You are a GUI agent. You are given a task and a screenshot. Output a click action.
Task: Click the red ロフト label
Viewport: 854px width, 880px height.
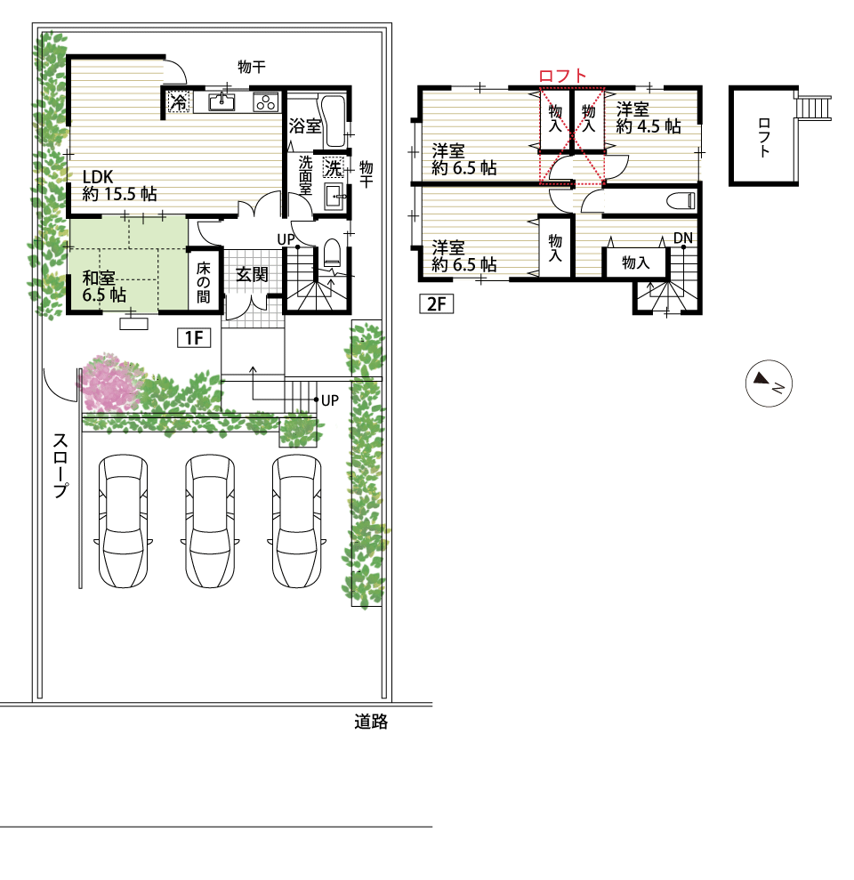point(562,76)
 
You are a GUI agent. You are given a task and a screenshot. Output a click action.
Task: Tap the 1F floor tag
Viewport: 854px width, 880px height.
point(194,338)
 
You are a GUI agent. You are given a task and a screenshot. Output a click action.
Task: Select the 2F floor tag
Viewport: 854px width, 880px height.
point(437,303)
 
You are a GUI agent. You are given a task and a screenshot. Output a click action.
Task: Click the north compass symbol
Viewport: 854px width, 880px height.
point(769,383)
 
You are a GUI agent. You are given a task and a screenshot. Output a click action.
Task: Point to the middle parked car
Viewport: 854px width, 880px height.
point(210,521)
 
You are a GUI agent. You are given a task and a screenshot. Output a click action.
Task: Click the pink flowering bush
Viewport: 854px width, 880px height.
point(109,383)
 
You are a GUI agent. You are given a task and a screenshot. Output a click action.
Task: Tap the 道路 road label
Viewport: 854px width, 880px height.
point(371,722)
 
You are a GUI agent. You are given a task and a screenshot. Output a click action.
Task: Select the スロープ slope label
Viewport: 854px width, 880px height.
point(60,465)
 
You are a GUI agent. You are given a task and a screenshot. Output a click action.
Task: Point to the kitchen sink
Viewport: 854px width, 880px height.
point(222,102)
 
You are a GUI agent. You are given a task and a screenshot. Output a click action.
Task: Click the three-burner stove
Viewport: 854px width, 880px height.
point(266,102)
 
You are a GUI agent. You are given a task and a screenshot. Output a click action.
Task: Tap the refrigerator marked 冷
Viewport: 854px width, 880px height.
point(179,101)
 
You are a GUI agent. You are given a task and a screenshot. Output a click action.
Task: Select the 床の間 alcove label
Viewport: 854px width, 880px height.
point(203,282)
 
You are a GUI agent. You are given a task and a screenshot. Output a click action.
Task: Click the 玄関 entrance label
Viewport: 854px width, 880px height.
point(252,274)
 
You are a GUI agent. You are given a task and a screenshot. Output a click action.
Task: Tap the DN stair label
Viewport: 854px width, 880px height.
point(683,238)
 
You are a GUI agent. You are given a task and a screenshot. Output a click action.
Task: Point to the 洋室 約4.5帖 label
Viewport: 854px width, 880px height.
point(649,117)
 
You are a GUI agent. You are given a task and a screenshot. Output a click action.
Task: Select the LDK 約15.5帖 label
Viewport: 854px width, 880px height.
point(119,185)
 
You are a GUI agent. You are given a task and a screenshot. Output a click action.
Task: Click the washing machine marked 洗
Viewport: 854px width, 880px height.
point(334,167)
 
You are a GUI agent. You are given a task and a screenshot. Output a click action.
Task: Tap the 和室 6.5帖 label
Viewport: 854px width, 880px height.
point(104,287)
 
